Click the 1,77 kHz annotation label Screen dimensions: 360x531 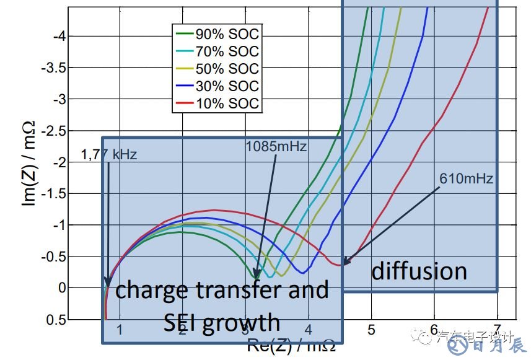coord(109,155)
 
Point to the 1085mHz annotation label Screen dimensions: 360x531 coord(276,147)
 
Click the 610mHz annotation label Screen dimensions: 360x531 coord(466,179)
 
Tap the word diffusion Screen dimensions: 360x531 coord(419,271)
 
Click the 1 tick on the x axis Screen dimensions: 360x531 coord(120,329)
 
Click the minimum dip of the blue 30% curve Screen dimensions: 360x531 coord(302,271)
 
